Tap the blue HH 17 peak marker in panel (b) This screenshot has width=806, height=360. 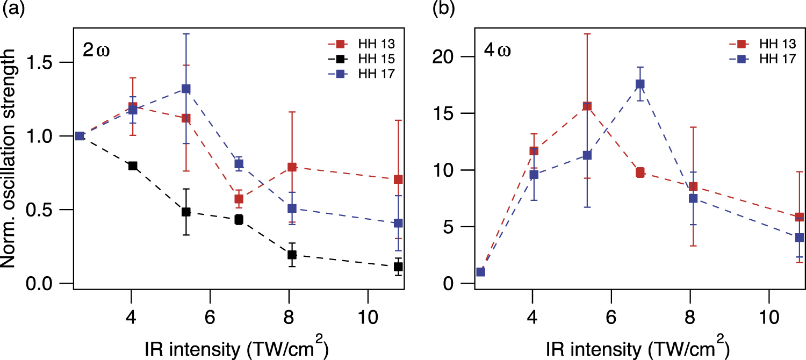pos(640,84)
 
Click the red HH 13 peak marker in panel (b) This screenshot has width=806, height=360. pos(587,106)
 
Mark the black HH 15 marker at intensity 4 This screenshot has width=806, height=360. pos(132,165)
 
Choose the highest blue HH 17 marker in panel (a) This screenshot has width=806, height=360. pos(186,89)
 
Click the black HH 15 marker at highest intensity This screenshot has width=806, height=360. pos(398,267)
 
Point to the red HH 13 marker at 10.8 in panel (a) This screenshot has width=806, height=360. pos(398,179)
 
